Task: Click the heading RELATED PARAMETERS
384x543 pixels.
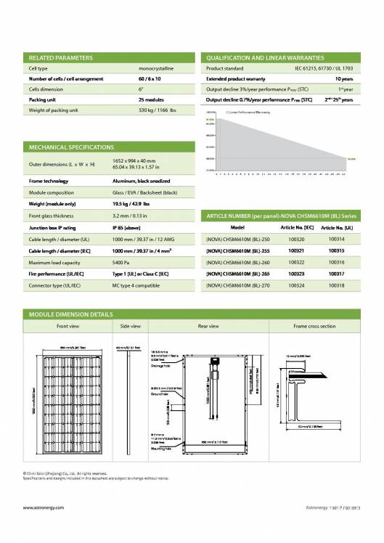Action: [60, 57]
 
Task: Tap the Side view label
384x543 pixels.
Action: [130, 327]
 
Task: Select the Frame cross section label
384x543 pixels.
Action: [314, 327]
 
